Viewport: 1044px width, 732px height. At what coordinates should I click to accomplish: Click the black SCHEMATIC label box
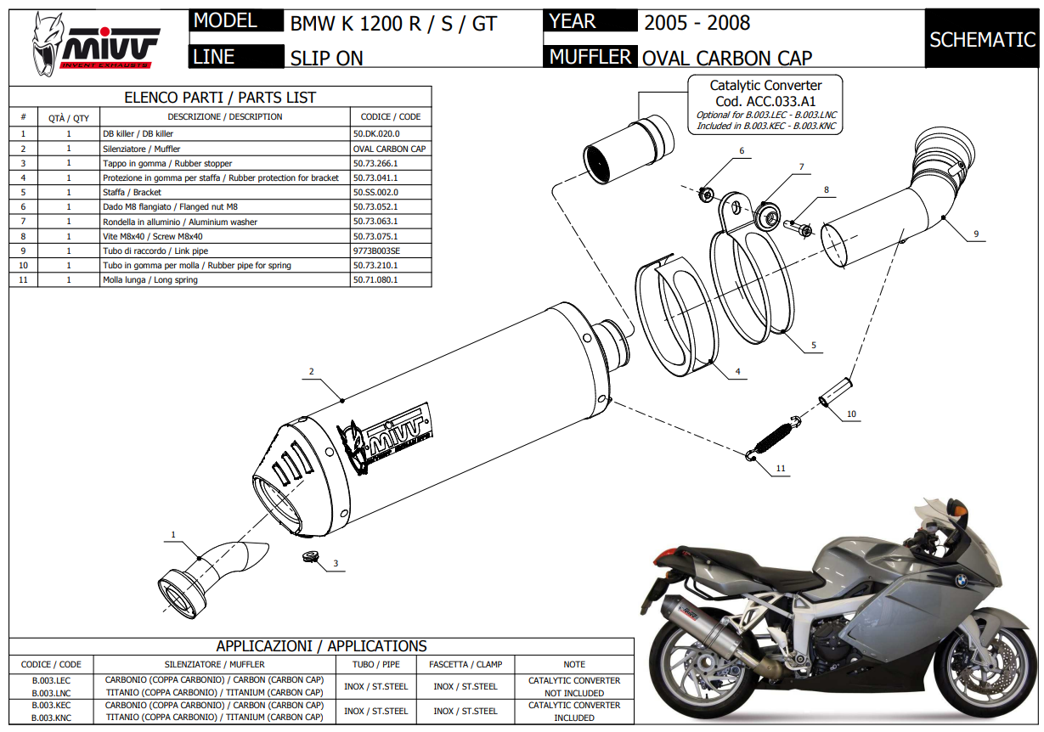point(982,39)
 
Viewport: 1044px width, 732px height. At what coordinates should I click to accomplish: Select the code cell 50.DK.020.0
point(375,134)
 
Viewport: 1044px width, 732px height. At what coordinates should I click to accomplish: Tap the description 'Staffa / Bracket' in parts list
point(132,193)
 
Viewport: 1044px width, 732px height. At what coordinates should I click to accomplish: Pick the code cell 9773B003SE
point(375,251)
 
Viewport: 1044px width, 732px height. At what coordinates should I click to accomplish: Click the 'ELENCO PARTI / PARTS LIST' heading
point(220,98)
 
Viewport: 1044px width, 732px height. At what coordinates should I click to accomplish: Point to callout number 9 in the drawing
point(976,234)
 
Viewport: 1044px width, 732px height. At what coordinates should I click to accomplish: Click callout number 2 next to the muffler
point(312,372)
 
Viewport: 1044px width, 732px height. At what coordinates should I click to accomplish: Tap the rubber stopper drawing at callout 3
point(310,557)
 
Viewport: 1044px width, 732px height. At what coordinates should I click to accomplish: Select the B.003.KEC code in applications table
point(51,706)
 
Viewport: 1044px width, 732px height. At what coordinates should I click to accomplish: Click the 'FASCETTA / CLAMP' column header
point(466,664)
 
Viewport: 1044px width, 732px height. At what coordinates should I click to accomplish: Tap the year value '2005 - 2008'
point(697,23)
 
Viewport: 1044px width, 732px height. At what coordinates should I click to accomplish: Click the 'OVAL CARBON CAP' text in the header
point(726,58)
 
